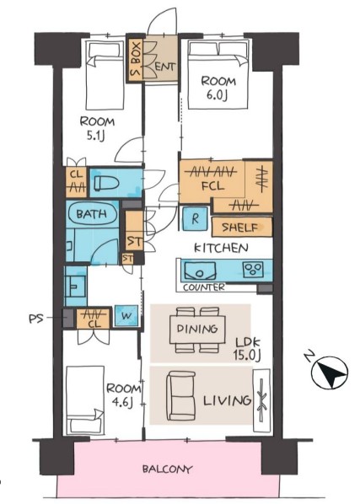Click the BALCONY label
(x=167, y=469)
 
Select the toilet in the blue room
(x=106, y=184)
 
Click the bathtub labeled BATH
(x=92, y=213)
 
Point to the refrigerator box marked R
(x=195, y=219)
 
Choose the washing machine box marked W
(x=126, y=316)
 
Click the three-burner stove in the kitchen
(x=253, y=270)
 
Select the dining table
(x=197, y=330)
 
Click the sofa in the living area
(x=180, y=396)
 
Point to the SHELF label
(x=240, y=228)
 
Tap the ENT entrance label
(x=165, y=67)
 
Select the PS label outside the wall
(x=36, y=319)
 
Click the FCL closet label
(x=212, y=186)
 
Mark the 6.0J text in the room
(x=217, y=95)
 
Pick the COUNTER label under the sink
(x=204, y=287)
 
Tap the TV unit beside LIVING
(x=262, y=400)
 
